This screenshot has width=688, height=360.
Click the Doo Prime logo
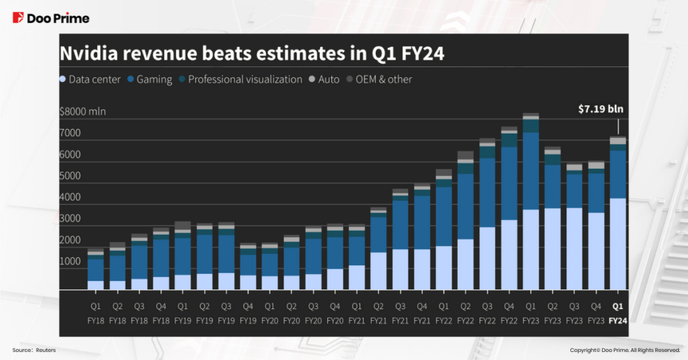(51, 18)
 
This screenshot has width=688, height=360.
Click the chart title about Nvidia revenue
(252, 54)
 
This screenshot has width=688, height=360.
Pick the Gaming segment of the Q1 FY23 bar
(531, 171)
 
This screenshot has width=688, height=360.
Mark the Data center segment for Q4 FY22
(509, 255)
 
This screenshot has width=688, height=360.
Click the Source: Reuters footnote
(34, 351)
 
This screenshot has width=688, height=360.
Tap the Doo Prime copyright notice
(625, 351)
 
